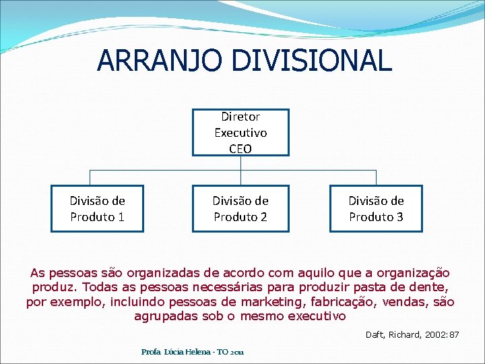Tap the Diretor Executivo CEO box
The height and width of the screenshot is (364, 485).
(240, 133)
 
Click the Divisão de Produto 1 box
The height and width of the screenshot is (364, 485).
(98, 208)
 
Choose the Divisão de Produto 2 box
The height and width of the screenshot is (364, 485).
(240, 208)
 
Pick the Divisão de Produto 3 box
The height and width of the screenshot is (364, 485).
(376, 208)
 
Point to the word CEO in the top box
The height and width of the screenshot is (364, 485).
(240, 148)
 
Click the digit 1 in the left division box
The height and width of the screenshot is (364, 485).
(121, 217)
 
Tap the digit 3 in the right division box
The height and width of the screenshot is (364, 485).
(399, 217)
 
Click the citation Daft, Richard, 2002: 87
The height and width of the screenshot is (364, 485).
(412, 334)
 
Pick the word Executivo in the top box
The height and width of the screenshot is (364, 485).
(240, 133)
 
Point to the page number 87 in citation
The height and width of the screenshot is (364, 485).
(454, 334)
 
